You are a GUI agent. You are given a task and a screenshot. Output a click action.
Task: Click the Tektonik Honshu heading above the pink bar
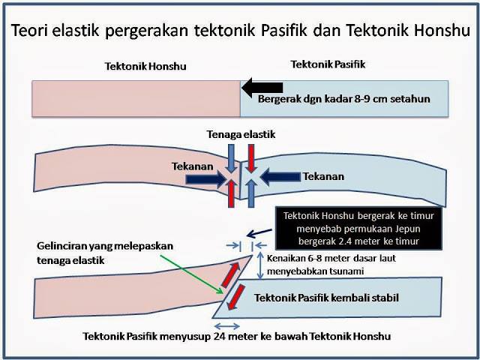tap(145, 67)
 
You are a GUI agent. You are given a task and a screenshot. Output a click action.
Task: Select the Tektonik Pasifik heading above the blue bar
tap(328, 64)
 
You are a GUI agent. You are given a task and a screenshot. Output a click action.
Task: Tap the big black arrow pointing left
tap(262, 87)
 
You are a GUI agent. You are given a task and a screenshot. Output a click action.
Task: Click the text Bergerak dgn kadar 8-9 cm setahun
tap(344, 99)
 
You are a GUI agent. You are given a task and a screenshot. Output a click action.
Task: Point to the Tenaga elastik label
tap(241, 134)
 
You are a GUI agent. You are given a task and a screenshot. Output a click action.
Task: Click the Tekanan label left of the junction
tap(192, 166)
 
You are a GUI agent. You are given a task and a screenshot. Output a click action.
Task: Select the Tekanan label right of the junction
tap(323, 177)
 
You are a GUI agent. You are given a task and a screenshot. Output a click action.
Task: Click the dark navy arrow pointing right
tap(205, 179)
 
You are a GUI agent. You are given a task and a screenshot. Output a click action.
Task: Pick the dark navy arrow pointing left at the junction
tap(280, 177)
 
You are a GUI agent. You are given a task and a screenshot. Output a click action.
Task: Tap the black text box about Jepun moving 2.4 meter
tap(358, 228)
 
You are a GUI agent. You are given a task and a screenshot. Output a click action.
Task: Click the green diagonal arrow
tap(192, 274)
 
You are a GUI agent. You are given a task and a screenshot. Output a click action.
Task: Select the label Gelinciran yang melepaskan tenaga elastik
tap(105, 253)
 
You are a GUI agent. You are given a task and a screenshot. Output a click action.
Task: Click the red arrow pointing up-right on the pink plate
tap(230, 275)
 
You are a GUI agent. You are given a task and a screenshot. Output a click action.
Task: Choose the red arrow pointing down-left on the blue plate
tap(235, 297)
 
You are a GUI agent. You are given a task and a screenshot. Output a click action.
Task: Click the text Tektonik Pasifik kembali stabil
tap(327, 298)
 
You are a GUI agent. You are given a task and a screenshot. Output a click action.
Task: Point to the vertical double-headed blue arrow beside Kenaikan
tap(260, 265)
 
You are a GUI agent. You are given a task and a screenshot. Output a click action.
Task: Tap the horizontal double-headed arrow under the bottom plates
tap(227, 326)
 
